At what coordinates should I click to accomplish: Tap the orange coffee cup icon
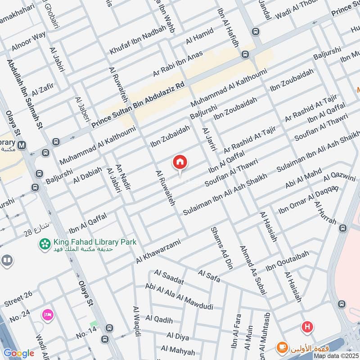click(x=282, y=347)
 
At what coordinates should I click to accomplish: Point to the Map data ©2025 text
click(x=336, y=355)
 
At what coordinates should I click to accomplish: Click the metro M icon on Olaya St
click(x=22, y=145)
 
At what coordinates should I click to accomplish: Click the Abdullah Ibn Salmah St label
click(x=25, y=95)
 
